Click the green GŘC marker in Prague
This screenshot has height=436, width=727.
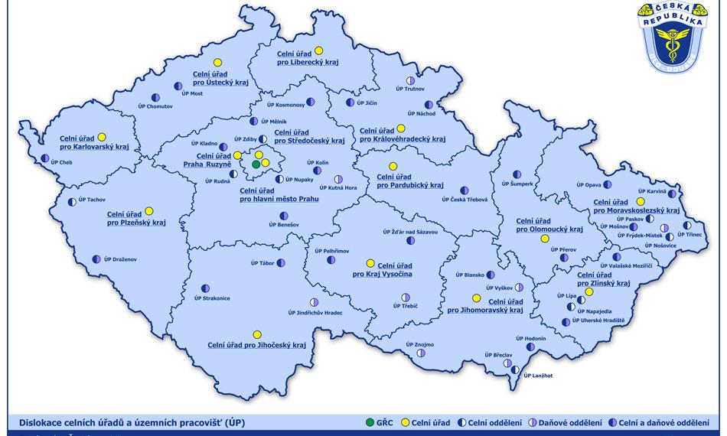256,164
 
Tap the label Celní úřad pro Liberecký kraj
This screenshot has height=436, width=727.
307,58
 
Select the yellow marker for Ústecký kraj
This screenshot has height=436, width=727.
217,62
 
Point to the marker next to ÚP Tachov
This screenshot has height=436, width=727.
73,202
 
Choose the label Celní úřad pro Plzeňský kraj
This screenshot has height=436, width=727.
136,219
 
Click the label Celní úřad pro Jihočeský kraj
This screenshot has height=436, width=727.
256,346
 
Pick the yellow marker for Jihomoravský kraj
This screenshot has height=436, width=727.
476,298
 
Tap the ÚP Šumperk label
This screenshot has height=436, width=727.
517,184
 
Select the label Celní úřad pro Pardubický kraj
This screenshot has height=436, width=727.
409,181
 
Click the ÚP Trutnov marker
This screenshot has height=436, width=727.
410,80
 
